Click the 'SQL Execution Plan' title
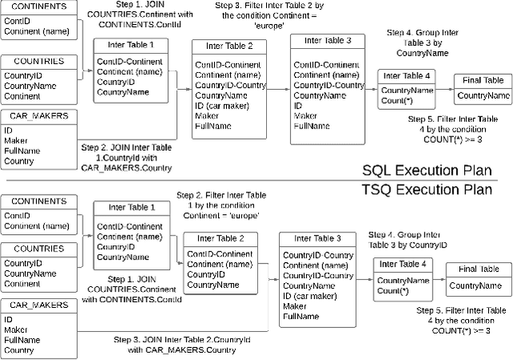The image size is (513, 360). pos(426,171)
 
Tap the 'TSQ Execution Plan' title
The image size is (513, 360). pos(426,189)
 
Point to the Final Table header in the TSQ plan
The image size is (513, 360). pos(479,269)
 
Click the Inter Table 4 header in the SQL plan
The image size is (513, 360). pos(406,76)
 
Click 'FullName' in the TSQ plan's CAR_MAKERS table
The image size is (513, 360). pos(22,339)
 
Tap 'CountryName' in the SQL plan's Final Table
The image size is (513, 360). pos(483,96)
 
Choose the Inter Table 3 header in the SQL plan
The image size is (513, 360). pos(321,40)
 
